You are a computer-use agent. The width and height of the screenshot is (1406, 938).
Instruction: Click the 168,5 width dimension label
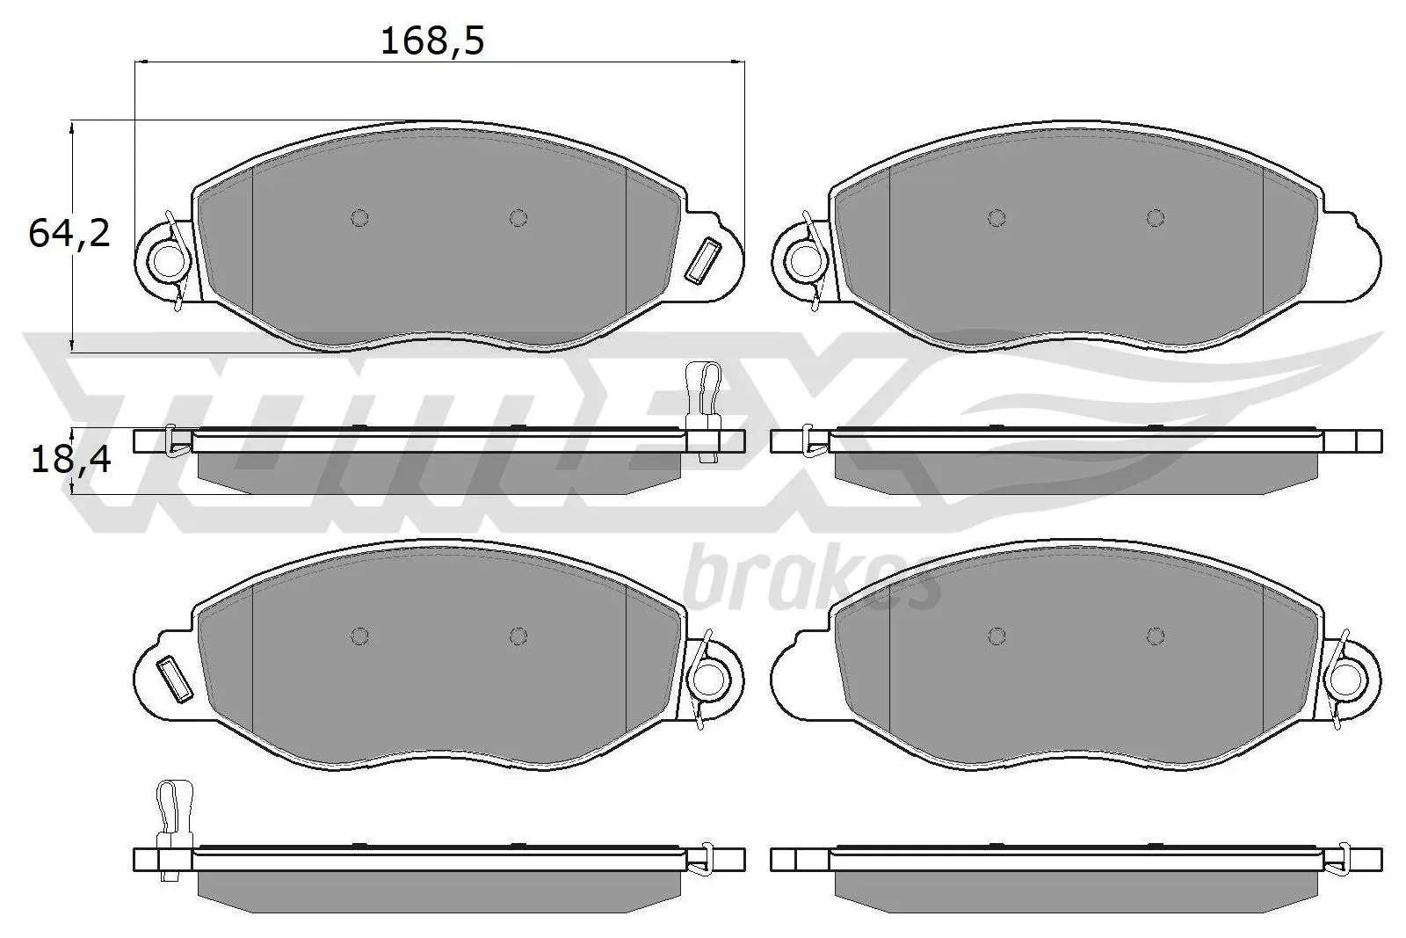click(431, 41)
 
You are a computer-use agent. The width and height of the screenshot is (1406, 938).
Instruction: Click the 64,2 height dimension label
click(69, 233)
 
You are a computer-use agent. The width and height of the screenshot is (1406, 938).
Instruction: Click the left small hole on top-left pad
click(359, 217)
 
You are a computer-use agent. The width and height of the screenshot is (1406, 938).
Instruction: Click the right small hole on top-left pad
click(518, 217)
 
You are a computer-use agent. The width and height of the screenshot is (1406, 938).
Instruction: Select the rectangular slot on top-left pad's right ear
click(702, 261)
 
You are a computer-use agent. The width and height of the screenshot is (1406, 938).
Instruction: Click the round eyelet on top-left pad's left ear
click(167, 259)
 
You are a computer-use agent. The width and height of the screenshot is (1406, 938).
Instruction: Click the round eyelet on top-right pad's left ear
click(803, 259)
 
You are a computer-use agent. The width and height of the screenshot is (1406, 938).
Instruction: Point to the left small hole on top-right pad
click(996, 217)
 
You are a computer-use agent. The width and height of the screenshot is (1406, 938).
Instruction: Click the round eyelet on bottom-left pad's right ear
click(709, 677)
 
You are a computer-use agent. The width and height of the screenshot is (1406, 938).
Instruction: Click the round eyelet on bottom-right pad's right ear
click(1345, 677)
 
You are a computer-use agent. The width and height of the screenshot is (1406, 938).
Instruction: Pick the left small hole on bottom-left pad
click(359, 635)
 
